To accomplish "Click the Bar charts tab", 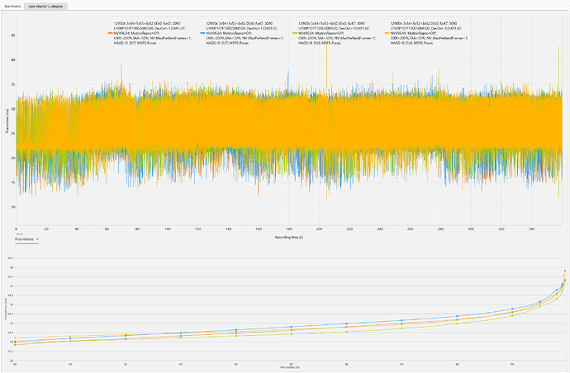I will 12,5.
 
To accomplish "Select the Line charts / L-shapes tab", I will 45,5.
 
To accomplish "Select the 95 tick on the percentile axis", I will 291,362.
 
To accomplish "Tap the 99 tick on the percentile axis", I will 511,362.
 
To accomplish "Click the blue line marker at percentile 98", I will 456,315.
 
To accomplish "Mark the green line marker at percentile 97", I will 401,325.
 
